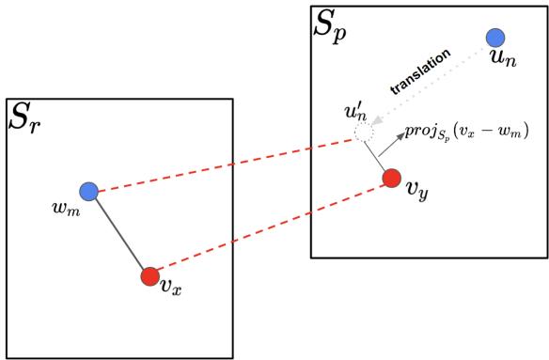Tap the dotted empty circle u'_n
coord(364,135)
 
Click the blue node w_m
coord(88,192)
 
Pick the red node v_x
coord(149,277)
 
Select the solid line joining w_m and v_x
coord(118,235)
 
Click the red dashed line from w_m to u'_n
coord(226,164)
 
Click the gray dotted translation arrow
coord(432,87)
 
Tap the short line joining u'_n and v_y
coord(378,157)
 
